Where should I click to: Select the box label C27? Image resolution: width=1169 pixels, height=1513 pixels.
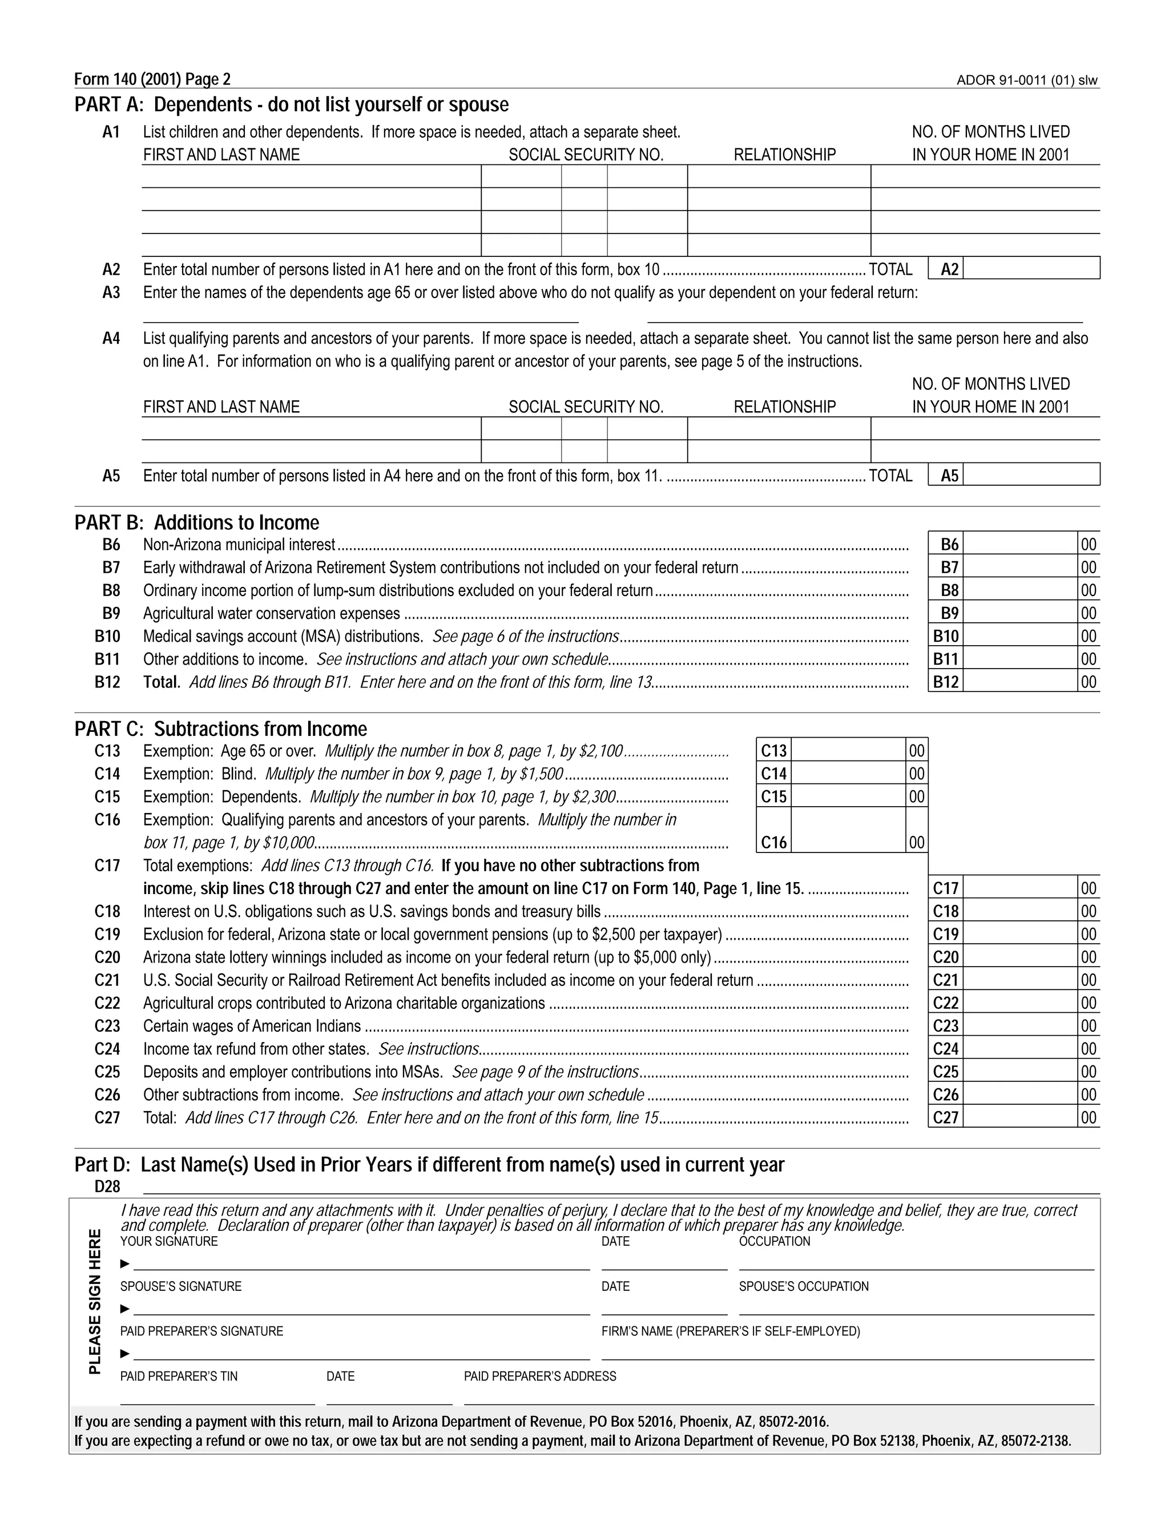tap(945, 1117)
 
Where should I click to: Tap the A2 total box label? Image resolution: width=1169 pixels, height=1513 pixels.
tap(949, 269)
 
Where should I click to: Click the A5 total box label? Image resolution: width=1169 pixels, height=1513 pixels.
tap(949, 476)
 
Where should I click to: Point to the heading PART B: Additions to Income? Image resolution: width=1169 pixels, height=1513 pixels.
tap(197, 522)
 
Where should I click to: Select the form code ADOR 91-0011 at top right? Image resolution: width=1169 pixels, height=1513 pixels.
tap(1026, 81)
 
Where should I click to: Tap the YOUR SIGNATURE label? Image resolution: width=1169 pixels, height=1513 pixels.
tap(168, 1241)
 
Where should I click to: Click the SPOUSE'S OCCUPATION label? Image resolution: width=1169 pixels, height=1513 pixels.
tap(803, 1286)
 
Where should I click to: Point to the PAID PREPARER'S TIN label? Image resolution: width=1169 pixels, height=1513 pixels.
tap(179, 1377)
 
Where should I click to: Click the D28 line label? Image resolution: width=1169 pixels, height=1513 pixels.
tap(107, 1187)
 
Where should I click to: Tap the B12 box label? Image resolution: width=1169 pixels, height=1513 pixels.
tap(945, 682)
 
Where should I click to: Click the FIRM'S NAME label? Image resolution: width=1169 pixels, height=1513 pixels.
tap(731, 1331)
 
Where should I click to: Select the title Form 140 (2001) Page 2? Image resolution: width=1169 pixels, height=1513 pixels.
tap(152, 80)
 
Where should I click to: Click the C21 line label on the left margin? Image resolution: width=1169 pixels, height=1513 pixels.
tap(107, 980)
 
